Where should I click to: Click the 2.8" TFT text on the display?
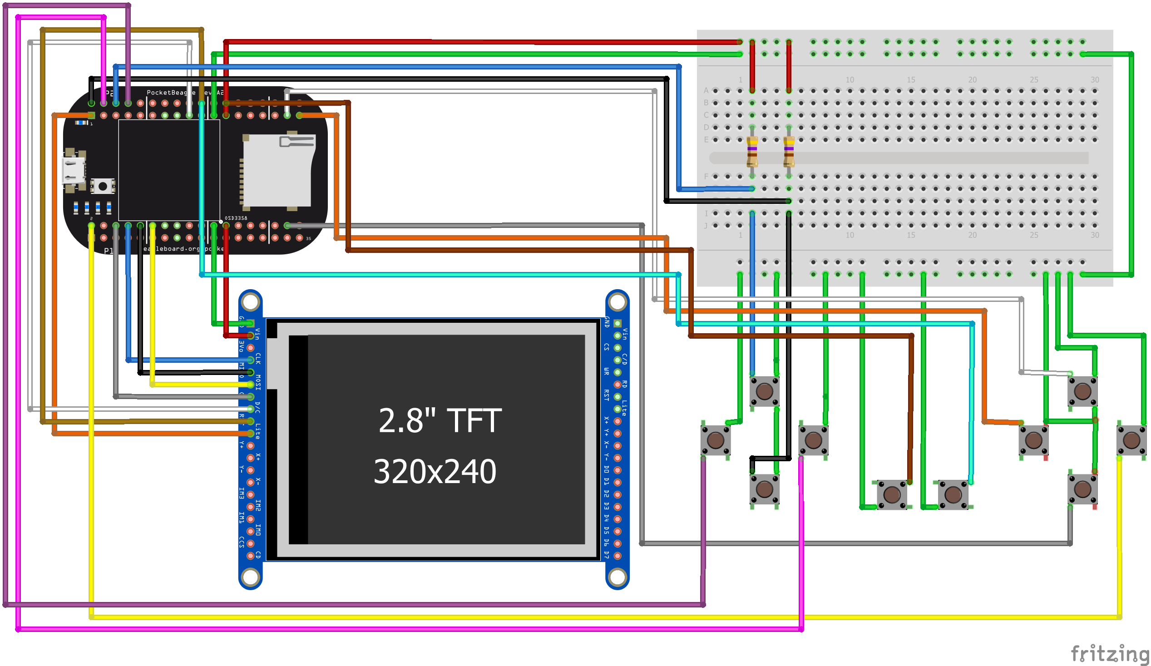pos(440,421)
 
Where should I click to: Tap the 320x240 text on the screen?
pos(435,471)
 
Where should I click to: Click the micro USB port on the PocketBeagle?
pos(73,170)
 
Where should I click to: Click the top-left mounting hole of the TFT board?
pos(250,301)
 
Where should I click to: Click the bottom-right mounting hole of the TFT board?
pos(617,577)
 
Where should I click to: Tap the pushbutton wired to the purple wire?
pos(715,440)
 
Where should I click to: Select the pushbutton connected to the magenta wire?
pos(813,440)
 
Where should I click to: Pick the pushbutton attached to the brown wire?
pos(892,494)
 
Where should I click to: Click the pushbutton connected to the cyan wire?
pos(953,494)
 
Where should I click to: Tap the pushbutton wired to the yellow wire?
pos(1131,440)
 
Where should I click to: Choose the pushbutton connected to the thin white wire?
pos(1082,391)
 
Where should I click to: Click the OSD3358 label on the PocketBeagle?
pos(236,218)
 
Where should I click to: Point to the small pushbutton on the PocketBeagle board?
pos(103,186)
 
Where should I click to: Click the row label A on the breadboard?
pos(706,90)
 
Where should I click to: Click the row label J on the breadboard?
pos(706,226)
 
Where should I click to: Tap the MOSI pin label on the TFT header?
pos(258,382)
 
